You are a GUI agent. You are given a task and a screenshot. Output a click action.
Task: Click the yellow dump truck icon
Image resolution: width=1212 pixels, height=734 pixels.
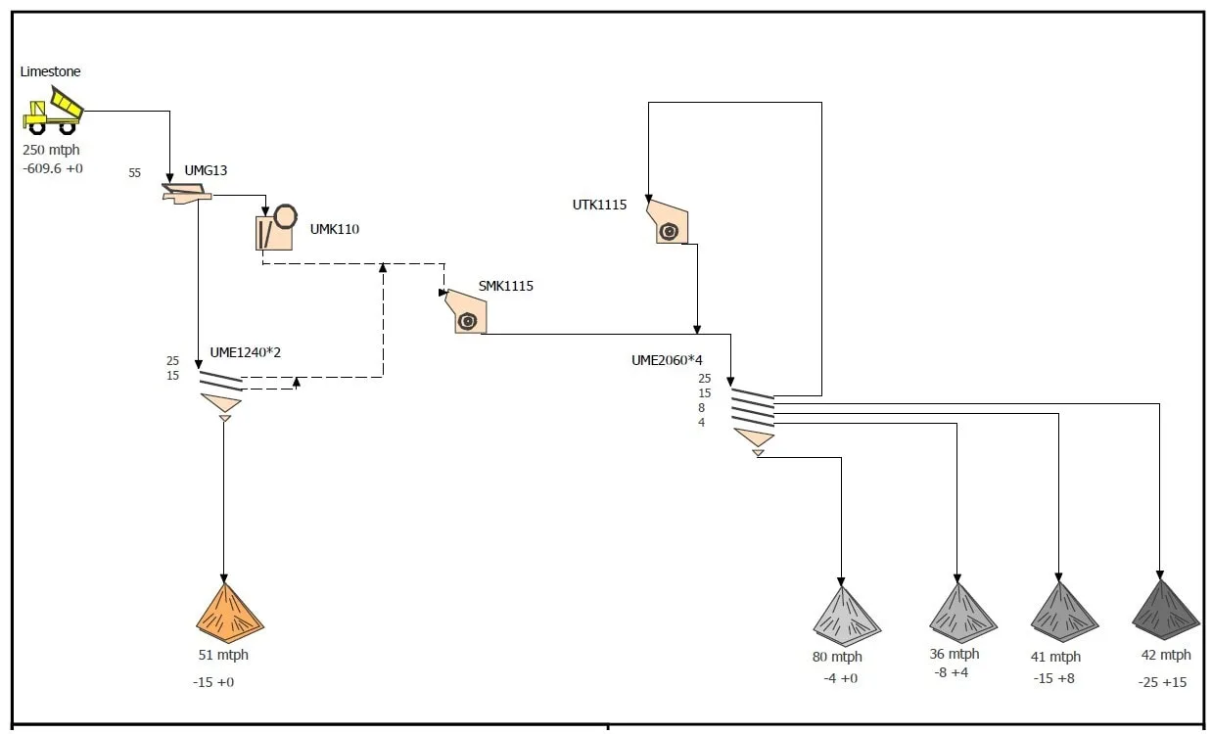(54, 110)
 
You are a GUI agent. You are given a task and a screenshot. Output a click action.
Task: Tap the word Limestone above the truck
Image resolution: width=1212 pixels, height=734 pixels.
(50, 71)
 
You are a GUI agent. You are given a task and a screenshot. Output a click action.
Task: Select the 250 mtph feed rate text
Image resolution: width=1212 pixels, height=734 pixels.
(51, 150)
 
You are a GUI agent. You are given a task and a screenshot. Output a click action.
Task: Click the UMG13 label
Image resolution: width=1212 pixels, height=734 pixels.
(206, 170)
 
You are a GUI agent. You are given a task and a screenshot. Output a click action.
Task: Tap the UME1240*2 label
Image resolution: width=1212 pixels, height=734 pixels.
(245, 352)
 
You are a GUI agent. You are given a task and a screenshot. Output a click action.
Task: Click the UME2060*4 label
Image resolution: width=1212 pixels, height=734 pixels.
(667, 360)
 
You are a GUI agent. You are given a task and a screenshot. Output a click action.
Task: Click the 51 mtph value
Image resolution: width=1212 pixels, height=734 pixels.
(223, 655)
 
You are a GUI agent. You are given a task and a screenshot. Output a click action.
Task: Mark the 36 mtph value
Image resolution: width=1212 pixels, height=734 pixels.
(954, 654)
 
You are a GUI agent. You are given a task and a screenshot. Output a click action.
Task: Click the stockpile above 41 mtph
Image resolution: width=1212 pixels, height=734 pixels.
(1064, 612)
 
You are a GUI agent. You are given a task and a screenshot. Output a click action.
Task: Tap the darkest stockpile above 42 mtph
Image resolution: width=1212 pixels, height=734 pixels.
(1165, 610)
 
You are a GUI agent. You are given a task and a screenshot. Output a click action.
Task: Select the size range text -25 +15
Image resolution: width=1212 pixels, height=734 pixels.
(1161, 682)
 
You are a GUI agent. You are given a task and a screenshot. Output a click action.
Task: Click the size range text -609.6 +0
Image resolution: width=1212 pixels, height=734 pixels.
(53, 168)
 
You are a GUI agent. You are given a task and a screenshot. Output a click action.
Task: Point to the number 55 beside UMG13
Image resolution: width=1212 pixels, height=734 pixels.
(134, 173)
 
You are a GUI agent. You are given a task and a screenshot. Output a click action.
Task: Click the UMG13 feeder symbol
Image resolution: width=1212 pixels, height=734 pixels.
(186, 193)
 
